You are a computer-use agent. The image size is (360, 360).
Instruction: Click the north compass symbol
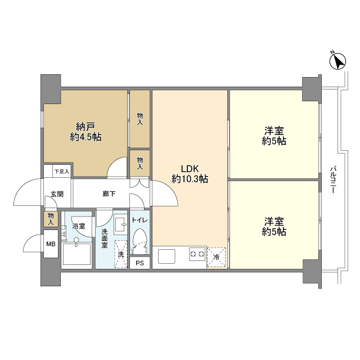coord(337,61)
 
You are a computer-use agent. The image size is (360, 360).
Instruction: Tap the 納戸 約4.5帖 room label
coord(85,132)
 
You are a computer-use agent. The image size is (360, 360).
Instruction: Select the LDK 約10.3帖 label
coord(190,174)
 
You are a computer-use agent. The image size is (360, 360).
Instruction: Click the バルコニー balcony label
coord(333,179)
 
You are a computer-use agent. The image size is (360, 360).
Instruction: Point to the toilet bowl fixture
coord(140,240)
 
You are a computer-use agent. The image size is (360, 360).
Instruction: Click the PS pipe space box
coord(140,263)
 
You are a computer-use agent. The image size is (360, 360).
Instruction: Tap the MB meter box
coord(51,244)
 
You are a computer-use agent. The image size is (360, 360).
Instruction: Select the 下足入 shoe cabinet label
coord(61,172)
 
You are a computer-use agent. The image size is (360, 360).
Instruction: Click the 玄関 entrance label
coord(57,194)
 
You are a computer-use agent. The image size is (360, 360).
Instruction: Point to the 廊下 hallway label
coord(109,194)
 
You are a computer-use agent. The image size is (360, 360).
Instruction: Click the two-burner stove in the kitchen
coord(197,254)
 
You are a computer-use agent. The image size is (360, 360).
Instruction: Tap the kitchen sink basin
coord(166,256)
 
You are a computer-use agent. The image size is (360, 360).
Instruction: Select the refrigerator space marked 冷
coord(216,258)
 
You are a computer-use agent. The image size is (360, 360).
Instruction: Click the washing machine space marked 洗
coord(121,254)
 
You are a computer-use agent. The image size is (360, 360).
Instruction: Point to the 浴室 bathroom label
coord(79,226)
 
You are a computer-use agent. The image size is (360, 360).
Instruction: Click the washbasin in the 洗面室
coord(120,224)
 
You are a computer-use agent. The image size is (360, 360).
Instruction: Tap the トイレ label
coord(139,220)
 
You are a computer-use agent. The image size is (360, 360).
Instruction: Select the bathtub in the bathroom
coord(76,254)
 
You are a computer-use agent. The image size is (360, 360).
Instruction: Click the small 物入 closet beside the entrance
coord(51,219)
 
